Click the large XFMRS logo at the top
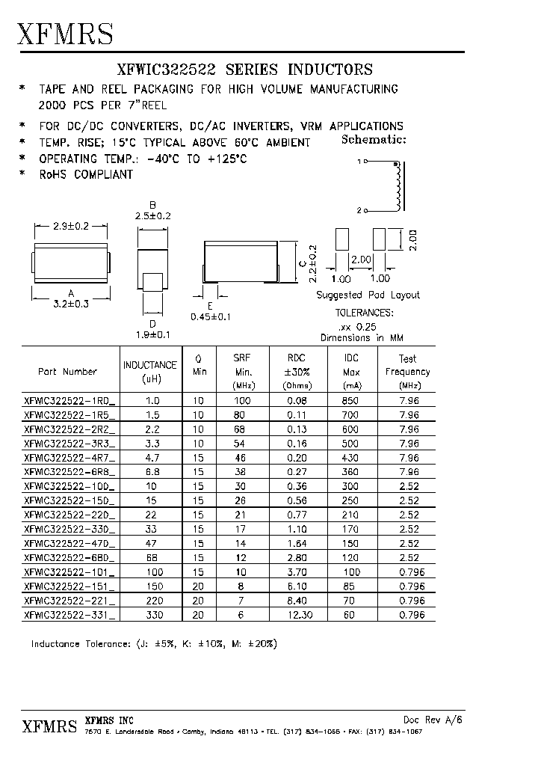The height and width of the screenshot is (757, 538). tap(66, 34)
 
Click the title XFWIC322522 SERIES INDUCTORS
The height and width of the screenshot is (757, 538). tap(244, 70)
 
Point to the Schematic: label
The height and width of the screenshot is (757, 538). tap(373, 139)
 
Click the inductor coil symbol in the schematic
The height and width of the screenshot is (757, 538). tap(398, 186)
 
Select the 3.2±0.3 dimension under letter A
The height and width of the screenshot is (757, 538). tap(71, 304)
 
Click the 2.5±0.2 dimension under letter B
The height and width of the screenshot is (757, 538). tap(152, 215)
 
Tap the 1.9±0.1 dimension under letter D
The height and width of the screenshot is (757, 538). tap(152, 334)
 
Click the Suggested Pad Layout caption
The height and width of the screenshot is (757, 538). tap(368, 295)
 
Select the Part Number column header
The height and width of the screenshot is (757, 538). tap(67, 371)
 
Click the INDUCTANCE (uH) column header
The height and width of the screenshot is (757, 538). tap(150, 371)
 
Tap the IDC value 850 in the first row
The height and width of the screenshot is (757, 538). tap(352, 400)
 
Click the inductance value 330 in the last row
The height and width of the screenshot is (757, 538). tap(152, 615)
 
